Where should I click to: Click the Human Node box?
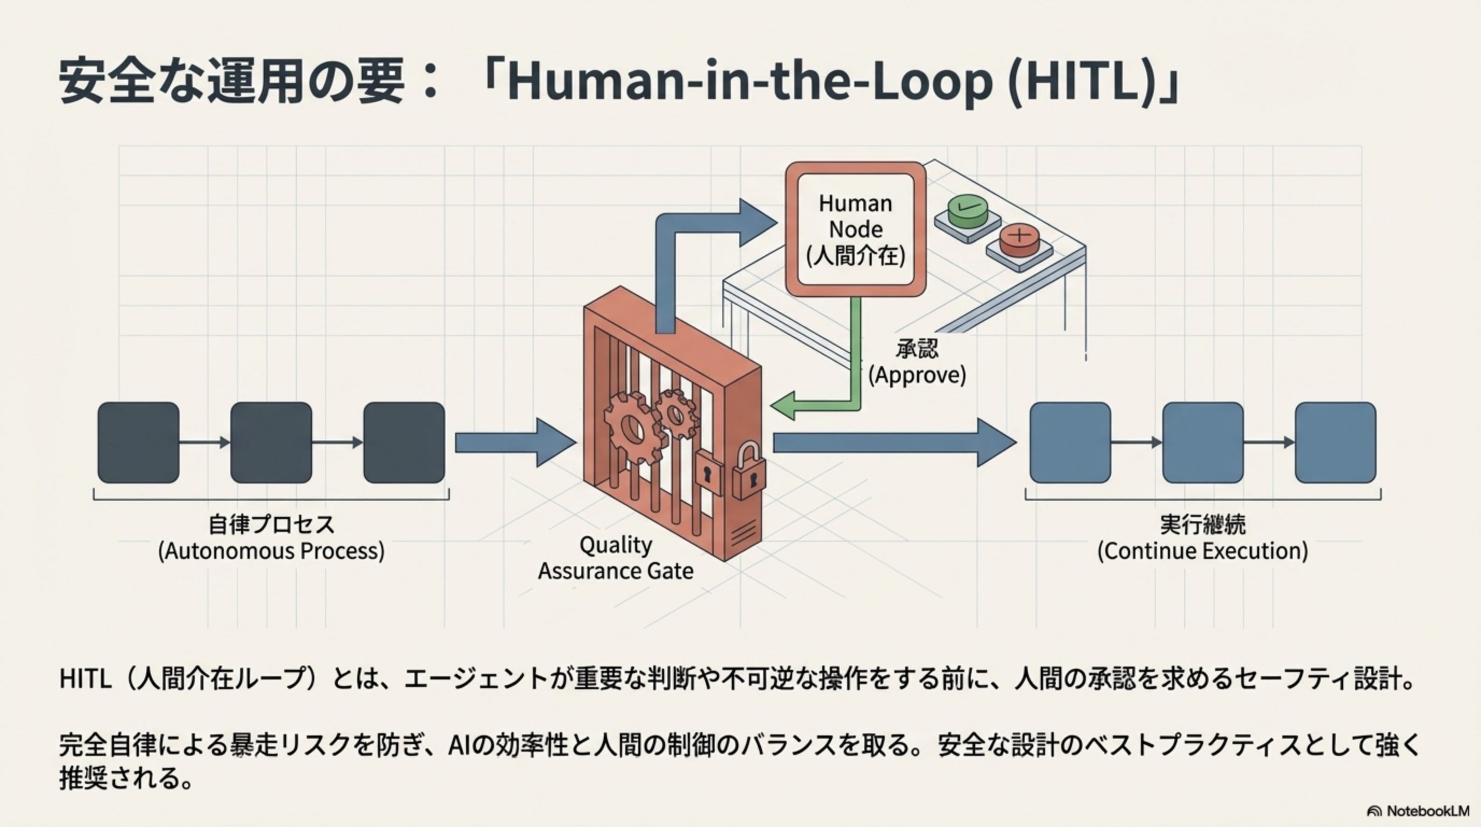tap(856, 229)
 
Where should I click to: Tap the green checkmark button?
tap(968, 210)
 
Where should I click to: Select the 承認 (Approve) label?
tap(917, 362)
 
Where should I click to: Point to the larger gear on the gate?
tap(631, 427)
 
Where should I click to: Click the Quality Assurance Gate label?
tap(615, 558)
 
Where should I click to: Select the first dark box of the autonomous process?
tap(138, 442)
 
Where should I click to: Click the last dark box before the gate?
tap(404, 442)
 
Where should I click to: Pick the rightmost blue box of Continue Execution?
tap(1335, 442)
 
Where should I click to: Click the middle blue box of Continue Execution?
tap(1203, 442)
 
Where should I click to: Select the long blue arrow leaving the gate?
tap(891, 442)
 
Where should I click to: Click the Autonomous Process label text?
tap(271, 538)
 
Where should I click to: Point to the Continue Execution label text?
tap(1203, 538)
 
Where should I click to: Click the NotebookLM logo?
tap(1417, 811)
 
